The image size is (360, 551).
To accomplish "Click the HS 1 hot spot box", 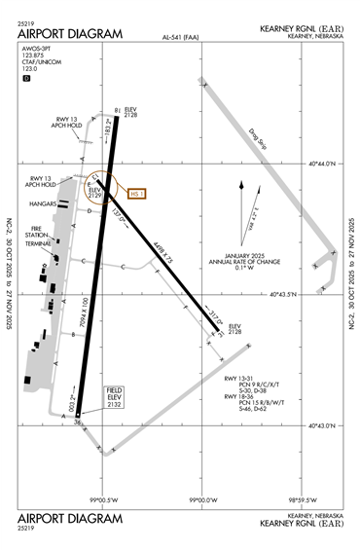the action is pos(134,194).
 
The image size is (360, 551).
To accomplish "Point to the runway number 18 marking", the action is pos(117,110).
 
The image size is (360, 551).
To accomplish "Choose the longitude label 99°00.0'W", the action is pos(202,499).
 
